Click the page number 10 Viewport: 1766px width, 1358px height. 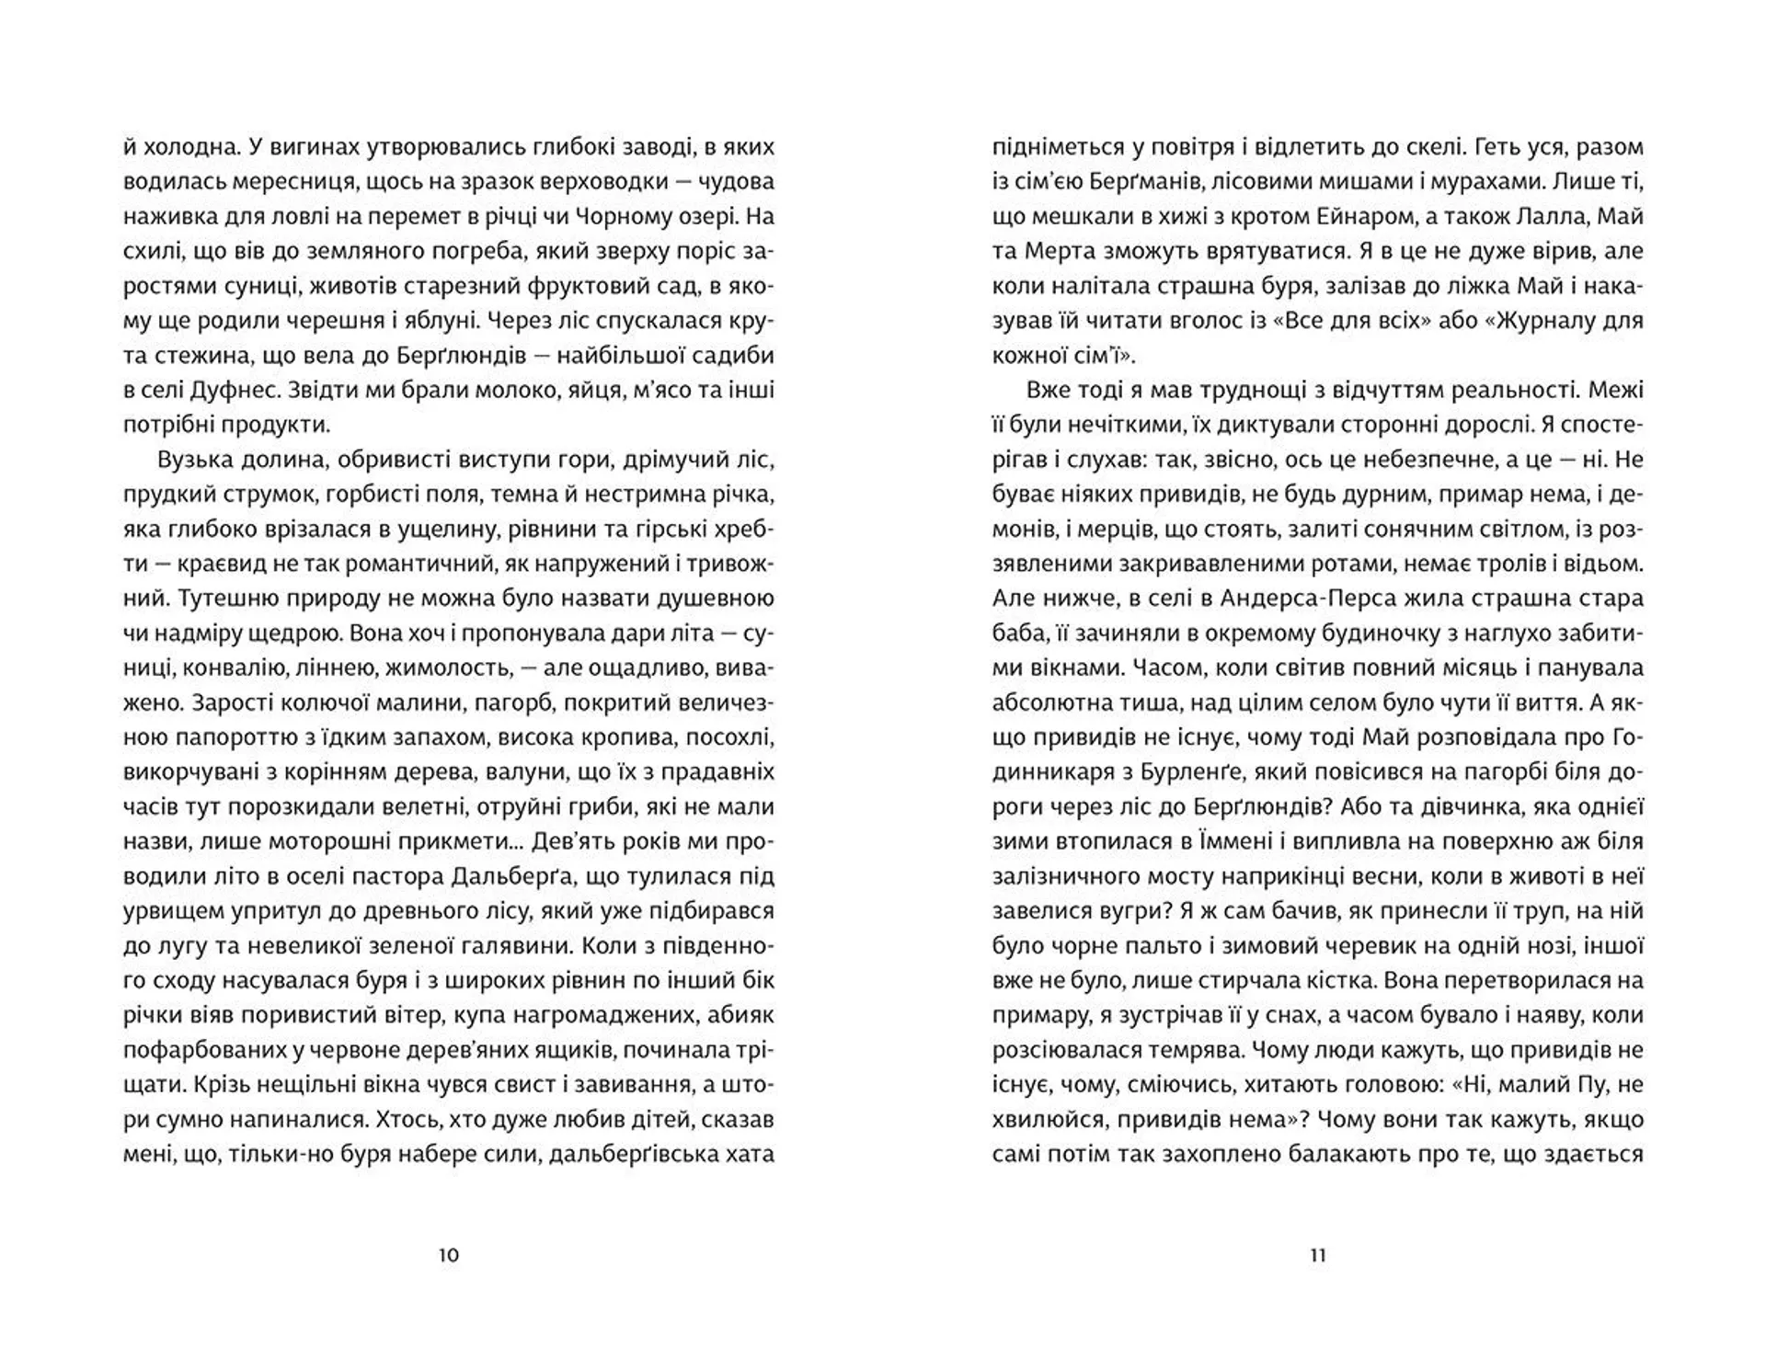coord(448,1255)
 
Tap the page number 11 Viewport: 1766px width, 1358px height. coord(1317,1255)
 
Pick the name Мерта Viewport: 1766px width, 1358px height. coord(1058,251)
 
